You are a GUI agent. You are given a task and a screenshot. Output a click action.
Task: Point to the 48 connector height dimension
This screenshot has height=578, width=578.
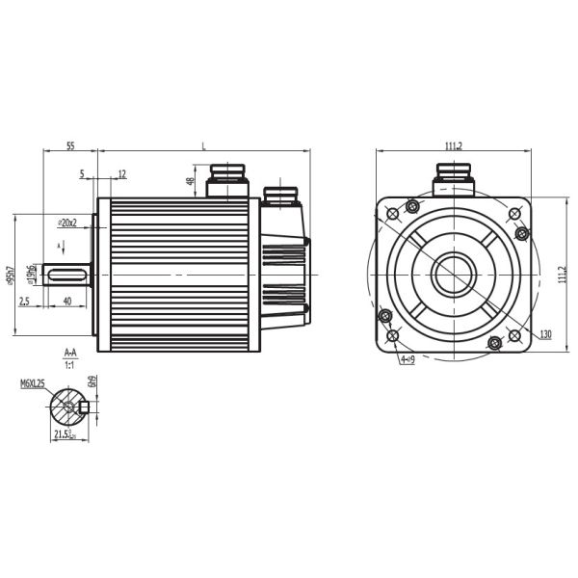tap(191, 180)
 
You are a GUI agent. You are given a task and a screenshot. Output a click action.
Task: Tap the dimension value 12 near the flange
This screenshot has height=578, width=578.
tap(122, 174)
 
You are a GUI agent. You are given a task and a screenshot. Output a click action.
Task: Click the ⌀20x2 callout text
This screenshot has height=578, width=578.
tap(67, 222)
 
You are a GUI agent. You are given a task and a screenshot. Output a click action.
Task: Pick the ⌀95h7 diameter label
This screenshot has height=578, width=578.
tap(10, 276)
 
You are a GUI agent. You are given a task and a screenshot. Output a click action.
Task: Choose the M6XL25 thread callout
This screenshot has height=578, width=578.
tap(34, 383)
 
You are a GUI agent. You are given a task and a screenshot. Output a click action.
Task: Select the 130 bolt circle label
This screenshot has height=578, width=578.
tap(545, 334)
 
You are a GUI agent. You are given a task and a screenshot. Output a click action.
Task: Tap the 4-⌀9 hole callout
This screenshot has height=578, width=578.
tap(407, 359)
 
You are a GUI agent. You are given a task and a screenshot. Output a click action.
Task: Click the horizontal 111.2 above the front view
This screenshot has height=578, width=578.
tap(454, 145)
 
